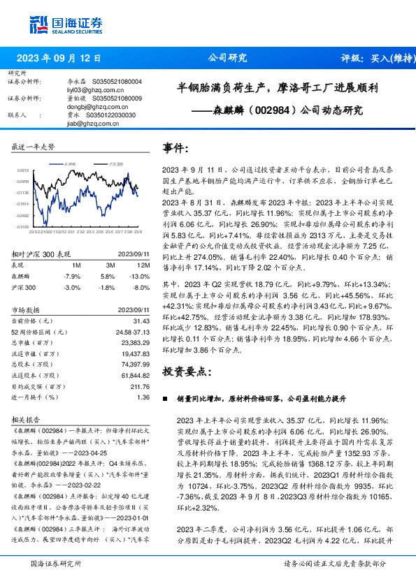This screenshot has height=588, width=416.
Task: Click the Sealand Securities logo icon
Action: click(38, 24)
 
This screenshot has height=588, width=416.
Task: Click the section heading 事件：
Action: click(175, 148)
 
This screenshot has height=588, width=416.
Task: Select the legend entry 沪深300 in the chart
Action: click(115, 163)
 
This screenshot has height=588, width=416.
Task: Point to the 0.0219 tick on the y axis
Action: click(24, 170)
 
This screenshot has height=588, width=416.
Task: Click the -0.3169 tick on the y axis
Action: click(24, 226)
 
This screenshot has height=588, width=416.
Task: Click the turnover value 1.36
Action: click(144, 397)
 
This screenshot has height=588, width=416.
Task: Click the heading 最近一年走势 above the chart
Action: click(33, 147)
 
